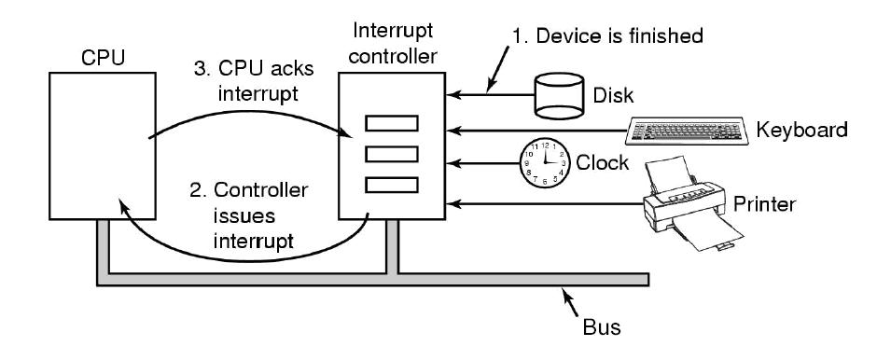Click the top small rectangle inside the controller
pyautogui.click(x=392, y=123)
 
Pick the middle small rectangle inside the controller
pyautogui.click(x=392, y=152)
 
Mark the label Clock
pyautogui.click(x=604, y=165)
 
